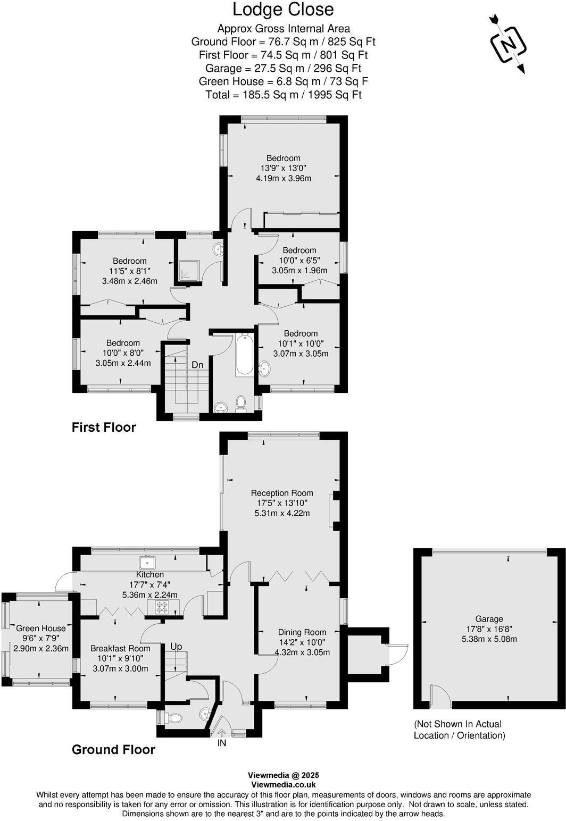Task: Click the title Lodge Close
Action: coord(283,10)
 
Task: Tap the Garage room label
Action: coord(489,619)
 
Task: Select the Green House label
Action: coord(41,629)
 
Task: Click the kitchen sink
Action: coord(146,562)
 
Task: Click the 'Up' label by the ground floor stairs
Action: coord(176,647)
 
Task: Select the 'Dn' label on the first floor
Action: coord(197,365)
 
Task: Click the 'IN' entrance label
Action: coord(222,743)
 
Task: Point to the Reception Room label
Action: coord(282,493)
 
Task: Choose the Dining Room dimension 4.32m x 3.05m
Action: coord(302,652)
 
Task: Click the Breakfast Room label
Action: coord(120,648)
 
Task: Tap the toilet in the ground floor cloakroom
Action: coord(172,718)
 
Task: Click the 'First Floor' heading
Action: coord(104,427)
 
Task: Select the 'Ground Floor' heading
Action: coord(113,749)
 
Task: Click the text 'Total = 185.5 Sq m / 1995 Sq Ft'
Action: coord(283,95)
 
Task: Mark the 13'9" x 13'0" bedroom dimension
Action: coord(283,168)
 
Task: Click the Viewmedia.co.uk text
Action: coord(283,784)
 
